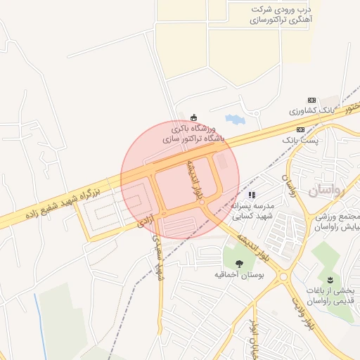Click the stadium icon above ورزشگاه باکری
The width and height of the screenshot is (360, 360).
(195, 117)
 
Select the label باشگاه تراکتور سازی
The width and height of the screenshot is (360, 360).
(194, 139)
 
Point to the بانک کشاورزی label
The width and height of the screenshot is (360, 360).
(311, 112)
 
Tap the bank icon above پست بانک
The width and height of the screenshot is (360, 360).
(301, 130)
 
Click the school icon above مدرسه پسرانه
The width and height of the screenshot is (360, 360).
(252, 195)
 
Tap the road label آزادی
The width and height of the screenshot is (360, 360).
(144, 223)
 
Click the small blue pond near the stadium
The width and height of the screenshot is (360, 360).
(233, 120)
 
